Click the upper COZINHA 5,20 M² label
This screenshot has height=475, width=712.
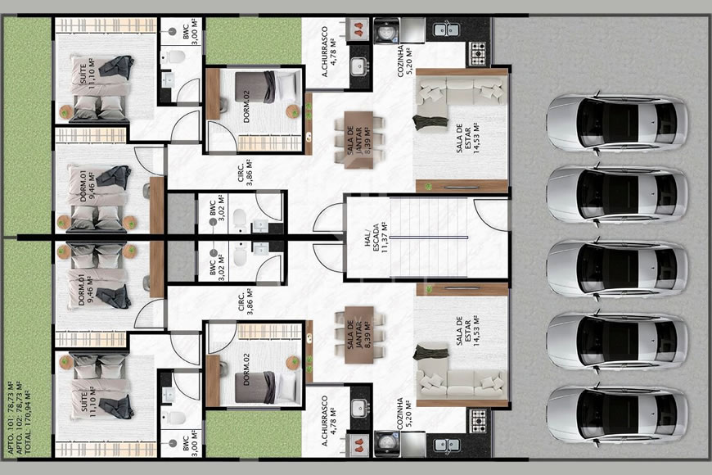coord(406,57)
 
